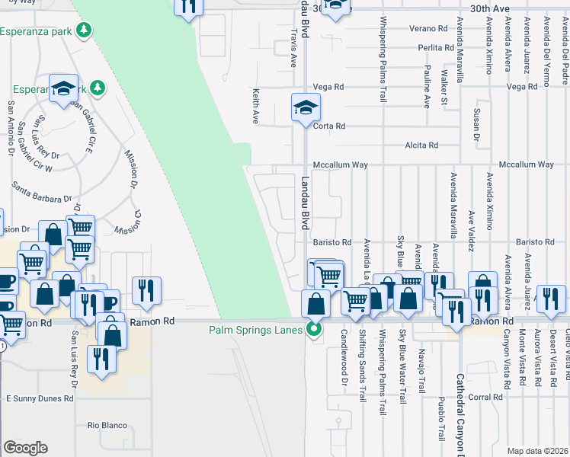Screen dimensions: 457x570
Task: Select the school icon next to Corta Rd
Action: pyautogui.click(x=305, y=107)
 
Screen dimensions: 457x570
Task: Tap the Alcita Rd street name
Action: pyautogui.click(x=422, y=145)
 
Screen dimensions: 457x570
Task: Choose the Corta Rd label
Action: pyautogui.click(x=330, y=126)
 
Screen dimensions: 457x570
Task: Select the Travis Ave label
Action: pyautogui.click(x=293, y=49)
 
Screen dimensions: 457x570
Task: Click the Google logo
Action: pyautogui.click(x=25, y=447)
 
